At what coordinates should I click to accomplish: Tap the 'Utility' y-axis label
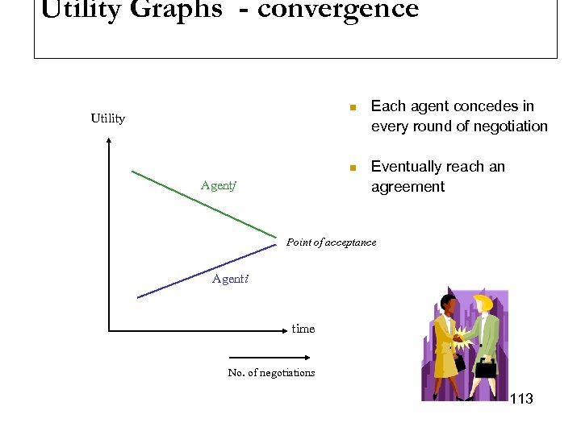coord(107,118)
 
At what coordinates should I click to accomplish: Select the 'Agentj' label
coord(218,186)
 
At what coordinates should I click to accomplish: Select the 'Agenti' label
coord(230,279)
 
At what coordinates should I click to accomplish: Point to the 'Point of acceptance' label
coord(331,242)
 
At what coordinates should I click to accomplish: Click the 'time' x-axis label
coord(303,329)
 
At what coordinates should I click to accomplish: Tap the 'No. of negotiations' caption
coord(271,372)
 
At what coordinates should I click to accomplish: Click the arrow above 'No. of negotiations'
coord(271,357)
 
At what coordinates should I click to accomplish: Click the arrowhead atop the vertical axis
coord(108,143)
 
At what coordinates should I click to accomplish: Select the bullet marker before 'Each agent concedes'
coord(352,107)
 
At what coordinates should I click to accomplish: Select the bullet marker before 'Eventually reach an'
coord(352,168)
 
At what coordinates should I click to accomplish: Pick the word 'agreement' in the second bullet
coord(408,187)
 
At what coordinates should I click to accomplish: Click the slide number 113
coord(521,399)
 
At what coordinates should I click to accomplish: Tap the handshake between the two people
coord(461,336)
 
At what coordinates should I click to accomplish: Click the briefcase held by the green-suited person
coord(486,368)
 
